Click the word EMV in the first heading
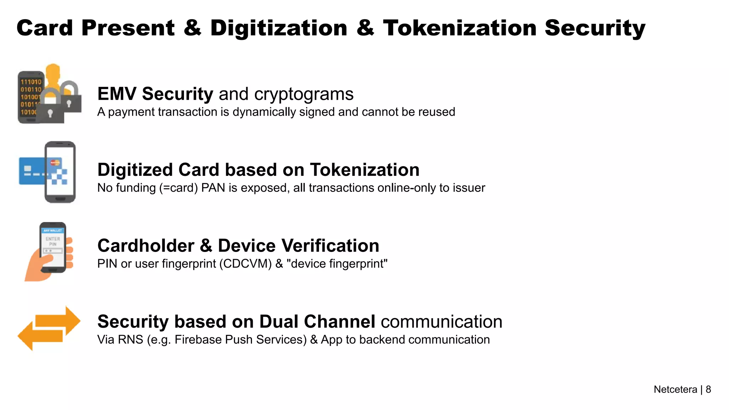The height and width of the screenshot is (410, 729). click(x=116, y=94)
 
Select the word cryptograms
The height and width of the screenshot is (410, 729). click(x=304, y=94)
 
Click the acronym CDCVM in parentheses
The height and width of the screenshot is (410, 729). click(x=246, y=264)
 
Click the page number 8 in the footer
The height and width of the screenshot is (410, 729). click(x=708, y=389)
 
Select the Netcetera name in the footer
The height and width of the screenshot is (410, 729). click(x=675, y=389)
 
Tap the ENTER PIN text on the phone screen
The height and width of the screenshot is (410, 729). click(x=53, y=241)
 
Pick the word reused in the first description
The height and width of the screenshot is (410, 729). click(x=436, y=112)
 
